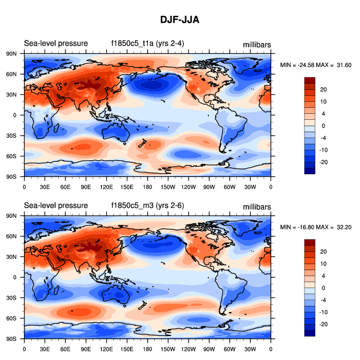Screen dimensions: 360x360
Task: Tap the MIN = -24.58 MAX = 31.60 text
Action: (x=316, y=65)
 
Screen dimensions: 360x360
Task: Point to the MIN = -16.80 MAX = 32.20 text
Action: (x=316, y=227)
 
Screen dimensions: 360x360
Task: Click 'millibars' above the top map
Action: (x=257, y=44)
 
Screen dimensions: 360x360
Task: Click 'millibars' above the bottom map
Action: (x=257, y=206)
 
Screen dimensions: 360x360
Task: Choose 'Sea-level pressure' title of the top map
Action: (x=56, y=44)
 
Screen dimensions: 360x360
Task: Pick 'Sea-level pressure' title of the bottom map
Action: (x=56, y=205)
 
